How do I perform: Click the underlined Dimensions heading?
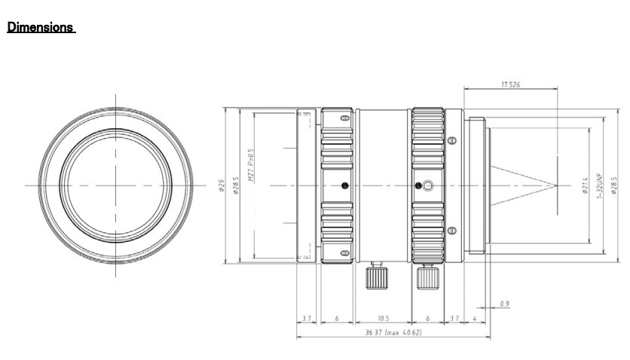point(41,27)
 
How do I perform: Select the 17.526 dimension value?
point(511,85)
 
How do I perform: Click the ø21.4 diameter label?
point(585,185)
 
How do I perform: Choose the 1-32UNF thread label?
point(599,185)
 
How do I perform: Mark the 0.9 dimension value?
point(504,304)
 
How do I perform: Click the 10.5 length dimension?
point(383,319)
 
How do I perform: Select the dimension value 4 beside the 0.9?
point(473,319)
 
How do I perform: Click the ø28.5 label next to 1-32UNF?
point(614,185)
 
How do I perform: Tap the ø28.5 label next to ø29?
point(236,185)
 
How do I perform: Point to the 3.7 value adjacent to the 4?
point(454,319)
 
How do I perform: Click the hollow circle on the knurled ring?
point(427,185)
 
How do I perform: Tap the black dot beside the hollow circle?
point(417,185)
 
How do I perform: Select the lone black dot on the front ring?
point(344,185)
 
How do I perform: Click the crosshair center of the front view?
point(116,185)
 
